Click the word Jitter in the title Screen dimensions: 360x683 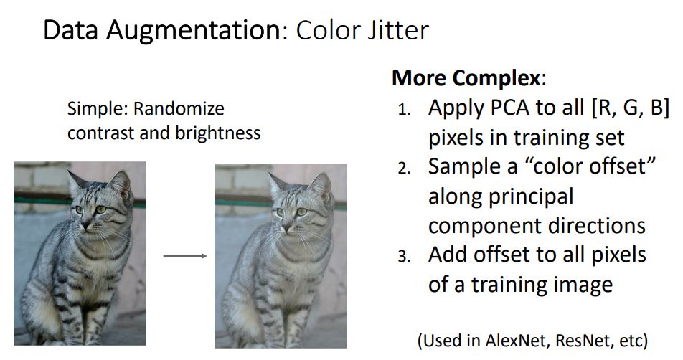(x=397, y=31)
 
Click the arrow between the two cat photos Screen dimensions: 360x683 (x=185, y=256)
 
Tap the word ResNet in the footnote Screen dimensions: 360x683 (x=592, y=339)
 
